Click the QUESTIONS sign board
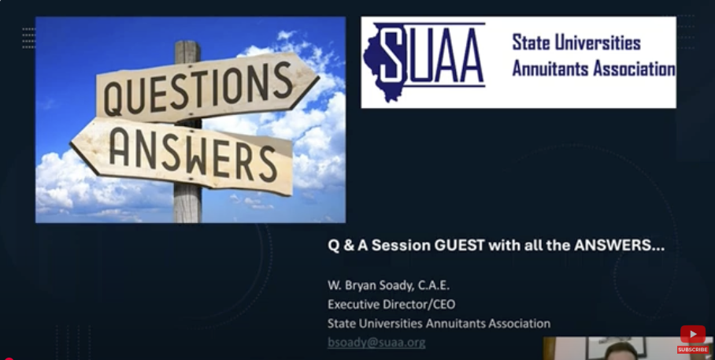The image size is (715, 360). point(206,87)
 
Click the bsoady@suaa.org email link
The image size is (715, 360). point(376,342)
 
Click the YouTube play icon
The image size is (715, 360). point(693,335)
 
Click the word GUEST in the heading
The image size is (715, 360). point(459,246)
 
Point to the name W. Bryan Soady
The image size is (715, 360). point(368,286)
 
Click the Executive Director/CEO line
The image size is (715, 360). point(391,304)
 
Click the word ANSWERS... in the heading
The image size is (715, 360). point(619,246)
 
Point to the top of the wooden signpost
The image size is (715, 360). point(187,42)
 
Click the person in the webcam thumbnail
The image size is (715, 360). point(621,351)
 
